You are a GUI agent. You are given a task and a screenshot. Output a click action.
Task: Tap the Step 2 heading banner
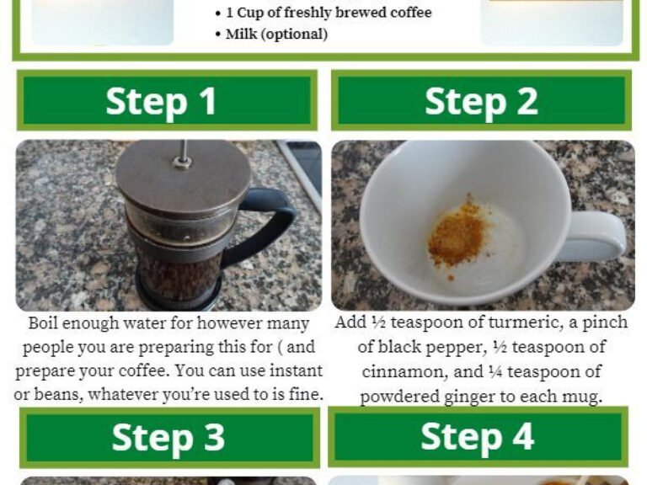tap(481, 101)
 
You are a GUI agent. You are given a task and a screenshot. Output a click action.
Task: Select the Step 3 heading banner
tap(168, 438)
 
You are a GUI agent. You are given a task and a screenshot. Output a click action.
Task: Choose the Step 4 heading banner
tap(478, 437)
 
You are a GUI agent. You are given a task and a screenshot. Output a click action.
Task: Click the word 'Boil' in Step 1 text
tap(45, 323)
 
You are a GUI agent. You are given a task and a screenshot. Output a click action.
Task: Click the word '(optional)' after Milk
tap(294, 35)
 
